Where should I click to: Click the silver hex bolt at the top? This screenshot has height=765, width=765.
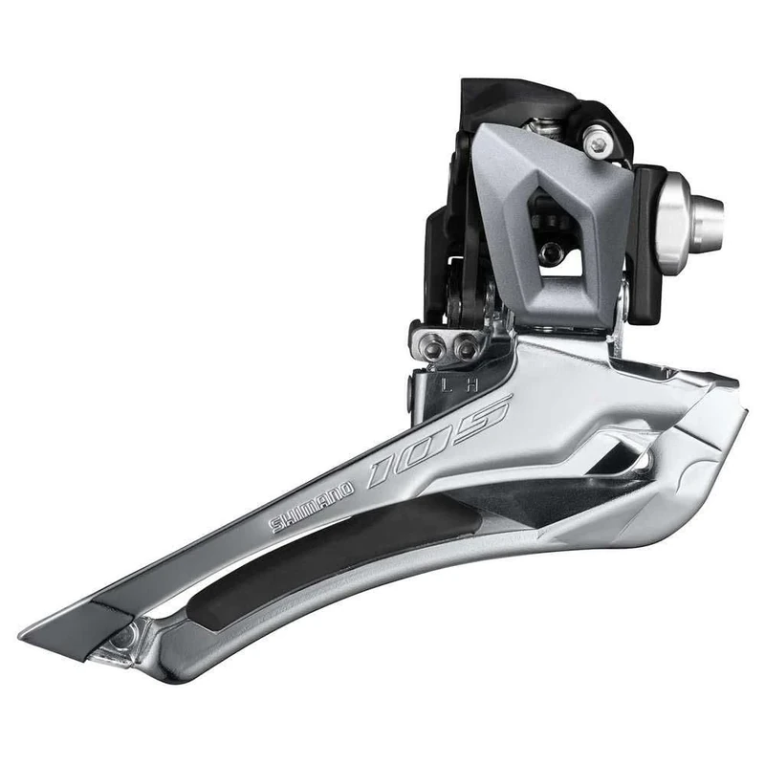click(600, 143)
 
